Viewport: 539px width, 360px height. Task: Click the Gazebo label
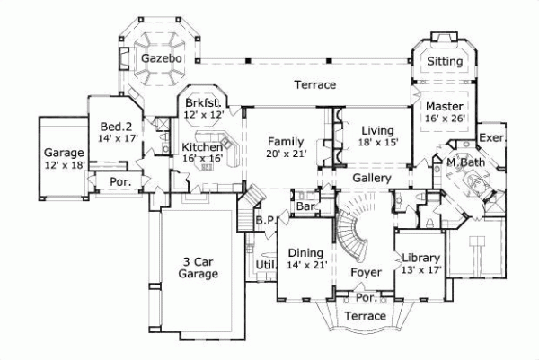click(162, 58)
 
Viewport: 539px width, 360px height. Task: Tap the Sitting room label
click(444, 62)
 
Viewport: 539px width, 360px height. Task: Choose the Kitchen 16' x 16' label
click(203, 154)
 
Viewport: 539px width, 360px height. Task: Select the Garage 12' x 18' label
click(64, 159)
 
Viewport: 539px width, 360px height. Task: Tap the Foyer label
click(367, 271)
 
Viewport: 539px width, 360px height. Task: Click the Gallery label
click(371, 180)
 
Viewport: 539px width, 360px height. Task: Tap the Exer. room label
click(491, 138)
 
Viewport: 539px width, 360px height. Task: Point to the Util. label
click(265, 265)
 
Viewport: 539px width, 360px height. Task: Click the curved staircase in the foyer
click(352, 233)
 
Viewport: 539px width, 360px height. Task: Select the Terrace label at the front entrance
click(366, 316)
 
